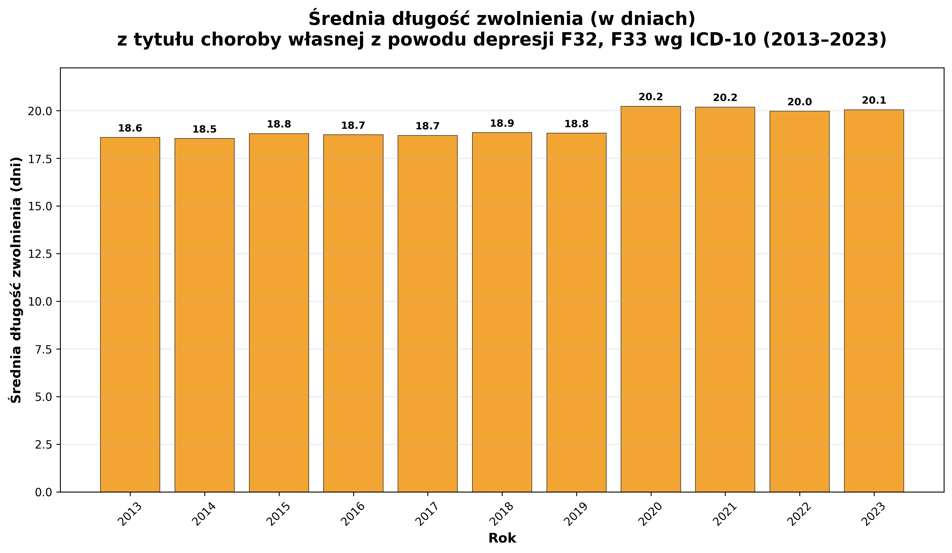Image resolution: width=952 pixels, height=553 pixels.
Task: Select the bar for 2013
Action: [130, 314]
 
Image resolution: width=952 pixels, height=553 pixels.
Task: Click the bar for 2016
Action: [353, 313]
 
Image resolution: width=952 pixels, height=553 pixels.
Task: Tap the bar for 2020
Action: [650, 299]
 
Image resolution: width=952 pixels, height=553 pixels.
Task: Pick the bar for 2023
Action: [874, 301]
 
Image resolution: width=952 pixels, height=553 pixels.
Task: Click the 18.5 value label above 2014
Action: [204, 130]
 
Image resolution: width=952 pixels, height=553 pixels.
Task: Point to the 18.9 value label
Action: [502, 123]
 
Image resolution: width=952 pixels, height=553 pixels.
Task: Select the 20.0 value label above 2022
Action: [799, 102]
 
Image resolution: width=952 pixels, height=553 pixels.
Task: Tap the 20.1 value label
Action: [874, 100]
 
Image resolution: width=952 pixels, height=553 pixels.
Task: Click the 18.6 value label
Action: [130, 129]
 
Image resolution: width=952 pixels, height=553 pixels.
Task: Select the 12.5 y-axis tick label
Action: [40, 254]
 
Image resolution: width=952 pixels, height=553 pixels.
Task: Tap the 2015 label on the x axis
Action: [279, 514]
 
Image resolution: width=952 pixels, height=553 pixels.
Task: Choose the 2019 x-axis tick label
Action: [576, 514]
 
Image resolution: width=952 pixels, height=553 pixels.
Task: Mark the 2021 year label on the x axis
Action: [725, 514]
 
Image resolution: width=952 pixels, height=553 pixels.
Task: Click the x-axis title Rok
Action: [502, 538]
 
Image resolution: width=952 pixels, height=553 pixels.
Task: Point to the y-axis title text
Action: [16, 280]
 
